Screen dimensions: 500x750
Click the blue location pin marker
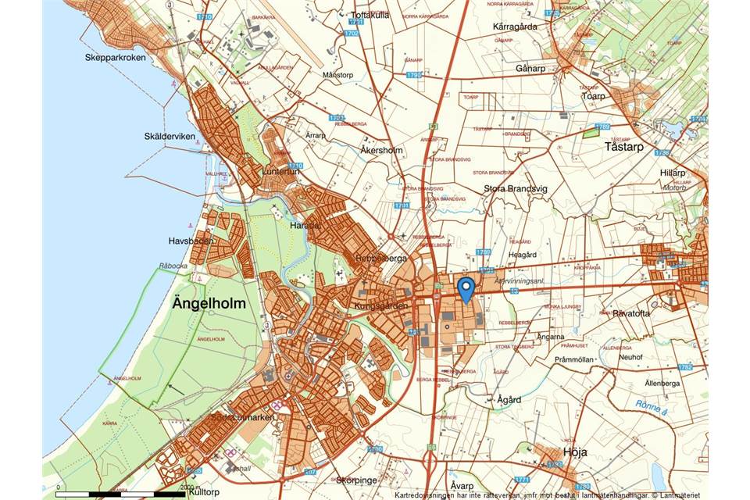pos(466,288)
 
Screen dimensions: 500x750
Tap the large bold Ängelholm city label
pos(209,303)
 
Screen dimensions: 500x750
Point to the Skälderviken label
pos(169,136)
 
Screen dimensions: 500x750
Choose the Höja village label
pos(574,452)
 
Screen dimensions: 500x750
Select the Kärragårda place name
pos(516,26)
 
